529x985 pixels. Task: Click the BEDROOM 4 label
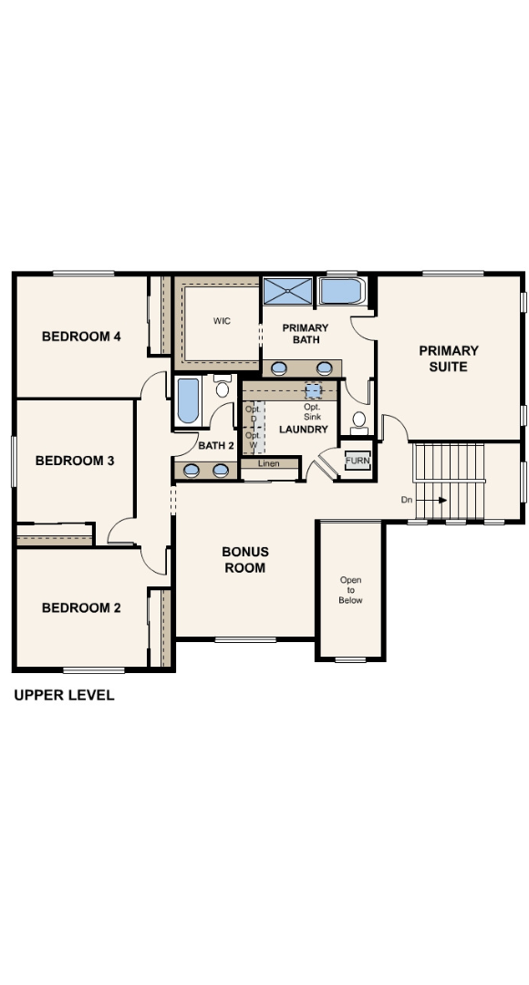[81, 337]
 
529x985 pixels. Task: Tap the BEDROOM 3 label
[75, 461]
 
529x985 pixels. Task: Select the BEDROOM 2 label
[81, 608]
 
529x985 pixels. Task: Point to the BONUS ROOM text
[245, 560]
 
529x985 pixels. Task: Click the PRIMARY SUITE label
[449, 358]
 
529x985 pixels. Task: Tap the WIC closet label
[222, 321]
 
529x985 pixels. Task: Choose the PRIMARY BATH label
[305, 334]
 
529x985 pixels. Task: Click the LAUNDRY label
[303, 430]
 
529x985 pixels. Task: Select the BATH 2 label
[217, 446]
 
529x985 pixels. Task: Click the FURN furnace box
[357, 461]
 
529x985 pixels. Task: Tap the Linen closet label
[268, 464]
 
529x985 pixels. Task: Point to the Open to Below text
[350, 590]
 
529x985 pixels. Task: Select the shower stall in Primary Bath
[287, 291]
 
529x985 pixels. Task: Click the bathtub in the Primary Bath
[342, 291]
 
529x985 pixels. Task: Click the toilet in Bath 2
[222, 389]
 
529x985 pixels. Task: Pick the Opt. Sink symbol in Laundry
[313, 391]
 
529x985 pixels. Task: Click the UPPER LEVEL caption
[64, 695]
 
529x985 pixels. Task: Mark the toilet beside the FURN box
[358, 421]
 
